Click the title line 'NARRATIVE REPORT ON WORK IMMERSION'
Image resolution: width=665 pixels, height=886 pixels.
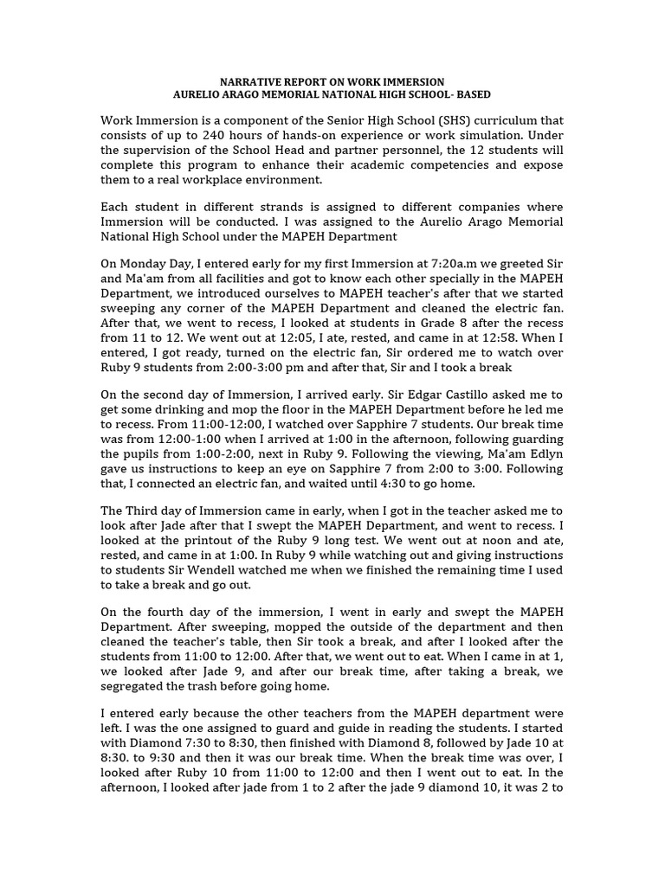click(x=332, y=80)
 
